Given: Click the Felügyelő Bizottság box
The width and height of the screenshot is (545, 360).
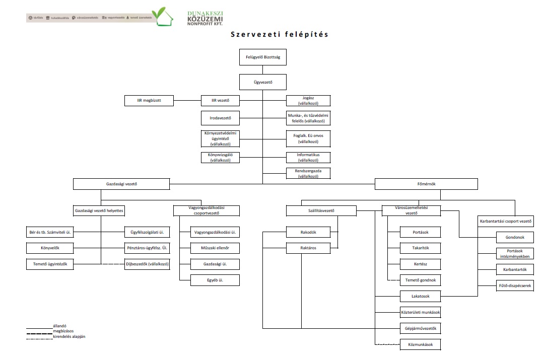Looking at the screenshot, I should (x=262, y=57).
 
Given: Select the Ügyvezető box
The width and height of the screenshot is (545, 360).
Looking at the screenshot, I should (x=262, y=82).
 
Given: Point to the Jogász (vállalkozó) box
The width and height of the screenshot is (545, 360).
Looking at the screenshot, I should (x=308, y=101).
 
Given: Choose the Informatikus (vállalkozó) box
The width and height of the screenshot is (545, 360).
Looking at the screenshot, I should (x=308, y=157).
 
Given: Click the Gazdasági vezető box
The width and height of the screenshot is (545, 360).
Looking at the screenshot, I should (x=122, y=184).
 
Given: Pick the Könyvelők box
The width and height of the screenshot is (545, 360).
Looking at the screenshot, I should (x=50, y=248).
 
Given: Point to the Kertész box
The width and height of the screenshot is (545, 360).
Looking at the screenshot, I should (x=421, y=264).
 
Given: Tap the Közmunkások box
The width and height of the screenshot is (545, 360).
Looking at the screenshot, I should (x=421, y=345).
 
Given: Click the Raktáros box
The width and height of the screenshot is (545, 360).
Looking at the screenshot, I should (x=308, y=248).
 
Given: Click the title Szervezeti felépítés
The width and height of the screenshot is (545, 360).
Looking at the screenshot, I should (x=280, y=35).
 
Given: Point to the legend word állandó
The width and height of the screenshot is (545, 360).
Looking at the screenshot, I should (x=60, y=326).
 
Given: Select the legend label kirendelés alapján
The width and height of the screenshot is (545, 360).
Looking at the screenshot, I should (x=69, y=336).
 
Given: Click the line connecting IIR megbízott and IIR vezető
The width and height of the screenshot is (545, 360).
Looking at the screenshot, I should (x=187, y=101).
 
